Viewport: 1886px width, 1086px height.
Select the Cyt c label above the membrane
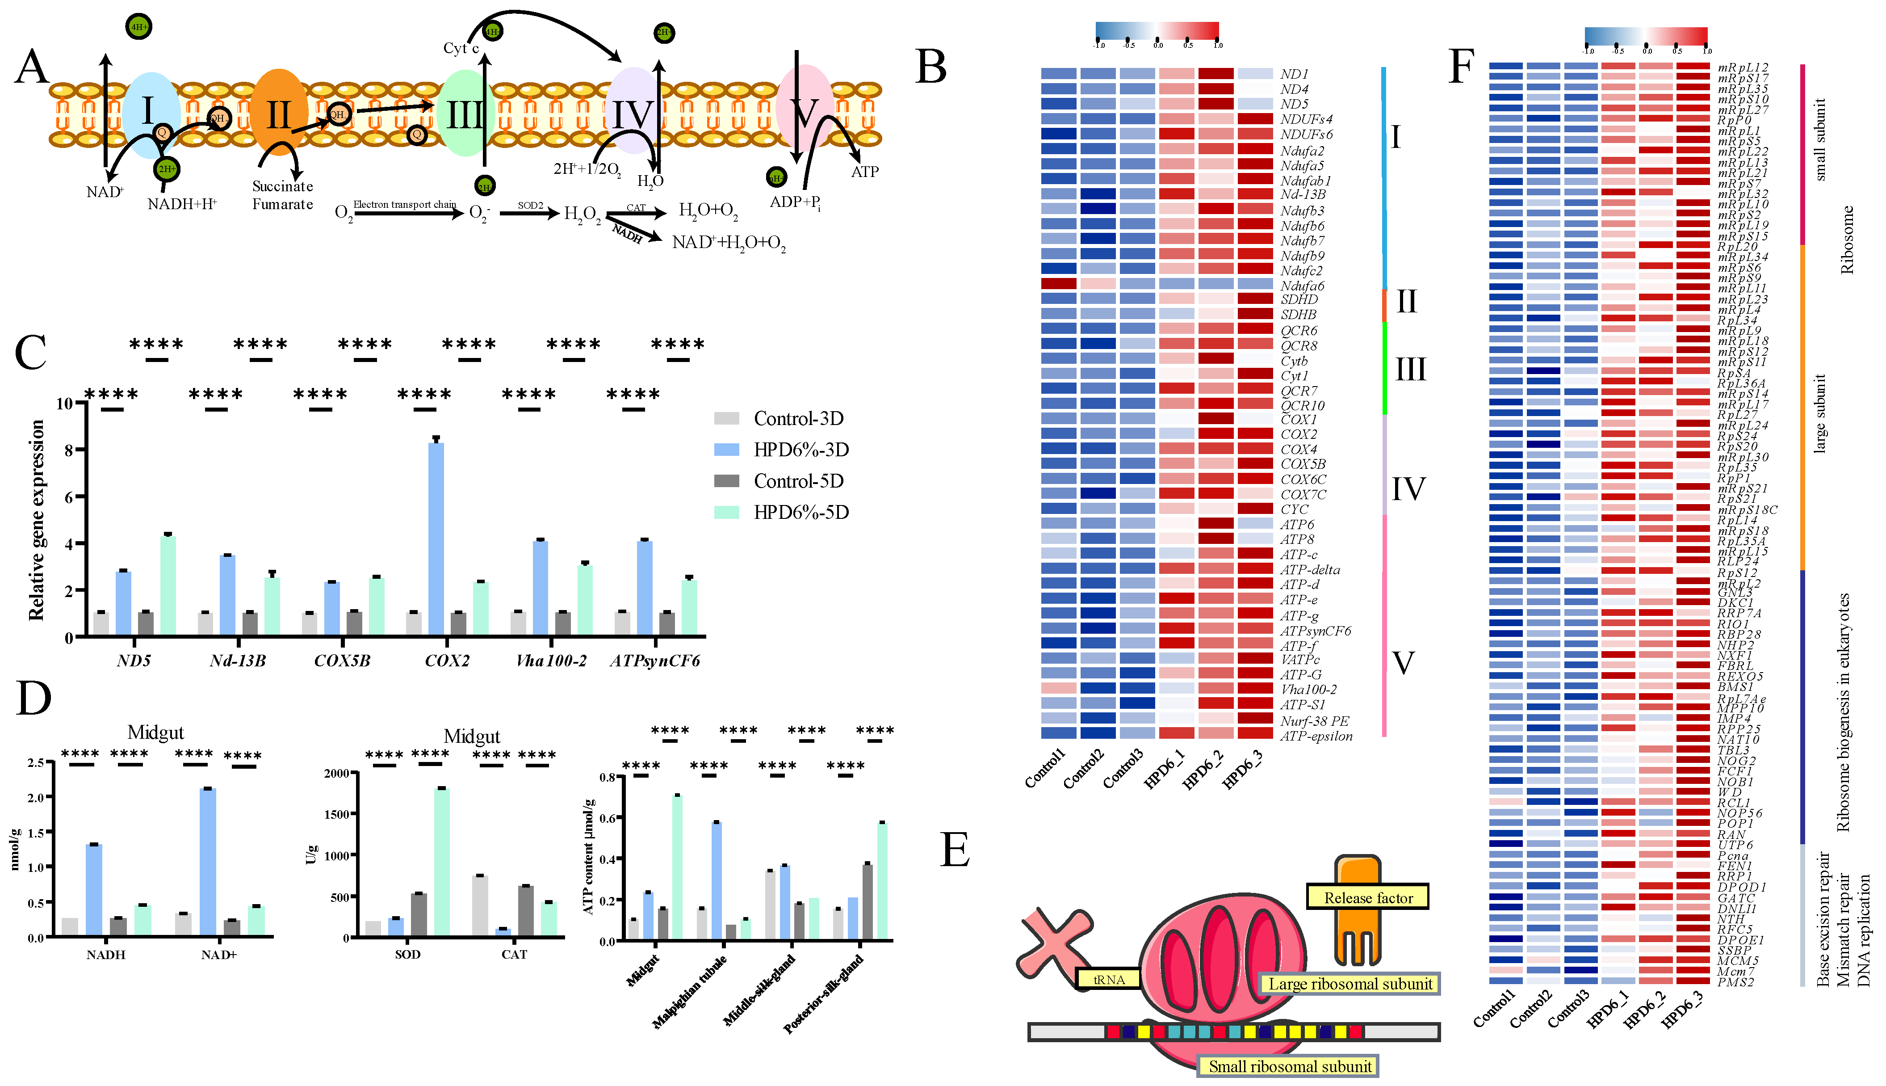click(x=461, y=48)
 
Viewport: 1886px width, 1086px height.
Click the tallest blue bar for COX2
click(x=436, y=537)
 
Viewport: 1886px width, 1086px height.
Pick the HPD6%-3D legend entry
click(x=801, y=450)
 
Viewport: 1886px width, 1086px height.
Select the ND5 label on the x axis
click(x=134, y=661)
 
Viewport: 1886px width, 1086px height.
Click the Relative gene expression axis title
click(x=36, y=520)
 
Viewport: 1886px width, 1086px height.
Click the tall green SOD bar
click(x=441, y=862)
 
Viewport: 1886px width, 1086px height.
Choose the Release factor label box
click(x=1368, y=897)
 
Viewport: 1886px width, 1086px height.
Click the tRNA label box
click(x=1108, y=979)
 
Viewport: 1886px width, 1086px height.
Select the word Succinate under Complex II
click(x=282, y=186)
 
